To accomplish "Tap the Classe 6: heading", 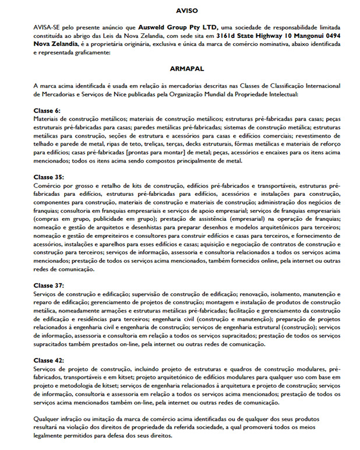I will (x=47, y=110).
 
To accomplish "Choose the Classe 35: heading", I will (x=49, y=176).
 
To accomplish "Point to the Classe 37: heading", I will (x=49, y=286).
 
